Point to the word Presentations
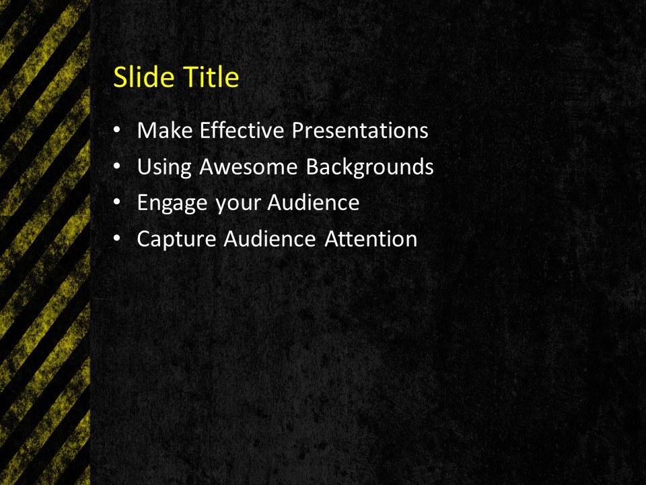tap(359, 130)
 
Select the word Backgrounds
tap(369, 166)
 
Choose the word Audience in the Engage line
tap(314, 202)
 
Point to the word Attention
tap(371, 238)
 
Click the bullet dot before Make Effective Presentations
tap(118, 130)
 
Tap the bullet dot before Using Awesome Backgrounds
tap(118, 166)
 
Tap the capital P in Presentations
tap(297, 130)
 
